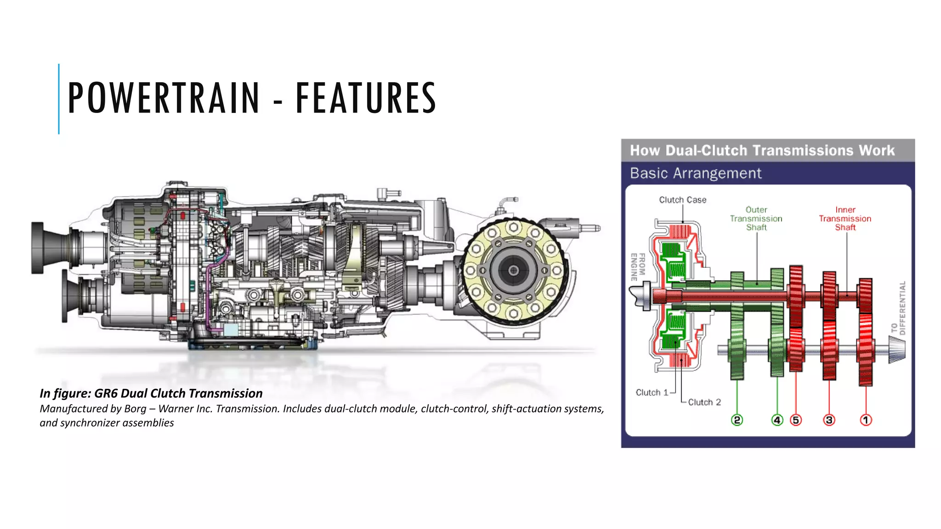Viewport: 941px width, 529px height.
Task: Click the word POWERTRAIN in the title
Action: (164, 98)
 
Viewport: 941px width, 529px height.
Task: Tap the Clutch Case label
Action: (682, 200)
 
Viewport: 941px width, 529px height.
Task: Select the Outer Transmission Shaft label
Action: (756, 219)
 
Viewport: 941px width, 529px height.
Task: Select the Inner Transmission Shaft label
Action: (845, 219)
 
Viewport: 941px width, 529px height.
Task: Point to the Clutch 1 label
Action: (651, 393)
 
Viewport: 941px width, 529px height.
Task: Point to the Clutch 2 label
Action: (704, 402)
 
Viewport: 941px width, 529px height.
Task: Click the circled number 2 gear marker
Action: (737, 420)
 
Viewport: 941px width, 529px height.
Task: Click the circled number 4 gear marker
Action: (777, 420)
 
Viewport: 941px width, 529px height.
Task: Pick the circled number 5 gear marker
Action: (796, 420)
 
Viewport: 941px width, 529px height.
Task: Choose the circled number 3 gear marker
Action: (829, 420)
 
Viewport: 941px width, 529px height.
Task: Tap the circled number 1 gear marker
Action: (866, 420)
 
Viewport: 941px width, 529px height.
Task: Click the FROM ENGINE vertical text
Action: (638, 267)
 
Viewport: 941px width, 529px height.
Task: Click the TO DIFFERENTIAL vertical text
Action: (899, 308)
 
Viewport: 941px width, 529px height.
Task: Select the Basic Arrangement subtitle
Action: (695, 174)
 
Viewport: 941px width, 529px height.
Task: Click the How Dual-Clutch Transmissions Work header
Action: (762, 151)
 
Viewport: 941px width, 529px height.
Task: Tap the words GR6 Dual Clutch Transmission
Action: (178, 394)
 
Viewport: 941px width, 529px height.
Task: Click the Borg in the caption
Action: (135, 409)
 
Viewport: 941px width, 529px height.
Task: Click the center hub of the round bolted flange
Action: (514, 270)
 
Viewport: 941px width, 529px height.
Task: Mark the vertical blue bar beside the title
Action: (59, 99)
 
